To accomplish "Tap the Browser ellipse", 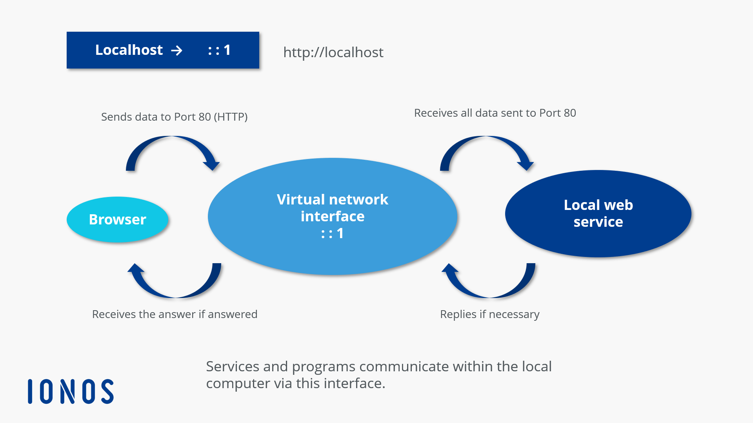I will click(117, 219).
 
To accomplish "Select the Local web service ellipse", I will click(598, 213).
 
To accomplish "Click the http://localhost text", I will click(333, 52).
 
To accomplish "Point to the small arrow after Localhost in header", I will click(177, 51).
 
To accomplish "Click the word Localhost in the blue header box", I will click(129, 50).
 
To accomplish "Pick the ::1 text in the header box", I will click(219, 50).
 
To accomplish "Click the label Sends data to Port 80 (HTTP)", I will click(174, 117).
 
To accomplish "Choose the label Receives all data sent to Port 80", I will click(495, 113).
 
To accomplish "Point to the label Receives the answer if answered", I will click(175, 314).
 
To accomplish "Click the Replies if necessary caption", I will click(489, 314).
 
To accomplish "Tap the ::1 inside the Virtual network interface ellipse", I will click(332, 233).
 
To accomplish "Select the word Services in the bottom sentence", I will click(233, 367).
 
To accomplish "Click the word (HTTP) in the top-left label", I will click(231, 117).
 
